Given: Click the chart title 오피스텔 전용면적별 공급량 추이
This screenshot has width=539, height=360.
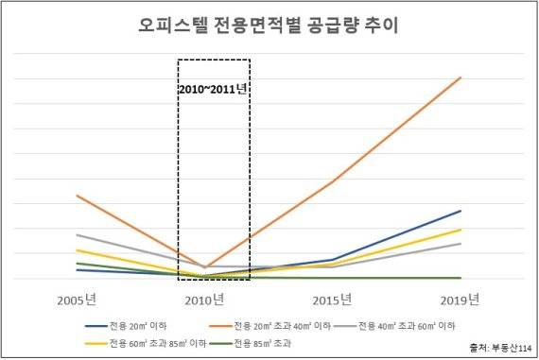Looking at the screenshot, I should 269,26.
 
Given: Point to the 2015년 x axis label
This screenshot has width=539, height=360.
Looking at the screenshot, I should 332,300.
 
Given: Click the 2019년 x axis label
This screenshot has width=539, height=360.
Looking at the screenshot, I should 460,300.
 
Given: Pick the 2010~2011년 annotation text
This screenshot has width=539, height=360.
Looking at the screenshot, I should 213,90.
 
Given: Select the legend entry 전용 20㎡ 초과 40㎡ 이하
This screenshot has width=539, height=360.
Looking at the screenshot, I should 281,326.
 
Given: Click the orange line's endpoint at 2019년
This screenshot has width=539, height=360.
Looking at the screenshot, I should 461,77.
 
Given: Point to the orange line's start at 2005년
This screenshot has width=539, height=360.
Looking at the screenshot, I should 78,196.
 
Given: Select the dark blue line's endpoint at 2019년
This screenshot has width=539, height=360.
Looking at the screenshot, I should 461,211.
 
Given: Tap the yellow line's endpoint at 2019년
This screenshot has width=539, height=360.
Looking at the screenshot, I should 461,230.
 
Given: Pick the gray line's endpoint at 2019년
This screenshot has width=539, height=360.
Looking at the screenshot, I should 461,244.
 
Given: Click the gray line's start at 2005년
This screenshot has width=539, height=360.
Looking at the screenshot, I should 78,234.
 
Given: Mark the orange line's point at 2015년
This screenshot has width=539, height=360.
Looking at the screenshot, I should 333,181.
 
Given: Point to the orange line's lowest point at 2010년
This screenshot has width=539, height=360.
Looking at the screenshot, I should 205,267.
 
